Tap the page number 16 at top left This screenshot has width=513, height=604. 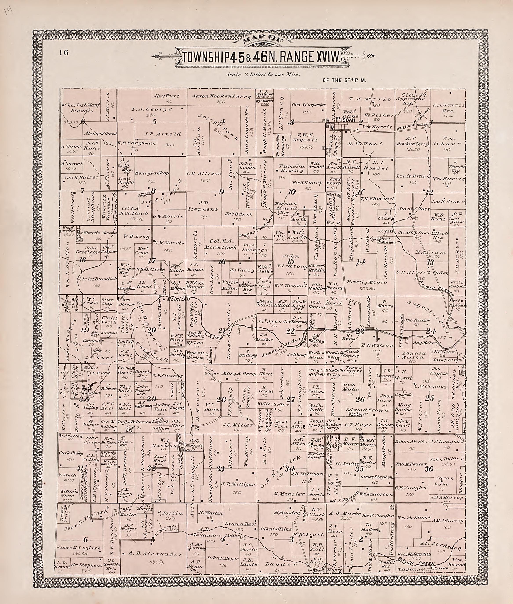(63, 53)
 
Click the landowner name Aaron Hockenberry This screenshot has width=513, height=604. (221, 96)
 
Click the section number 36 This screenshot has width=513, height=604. (429, 469)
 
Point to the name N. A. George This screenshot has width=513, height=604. (152, 109)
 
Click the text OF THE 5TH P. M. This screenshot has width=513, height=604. (343, 80)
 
